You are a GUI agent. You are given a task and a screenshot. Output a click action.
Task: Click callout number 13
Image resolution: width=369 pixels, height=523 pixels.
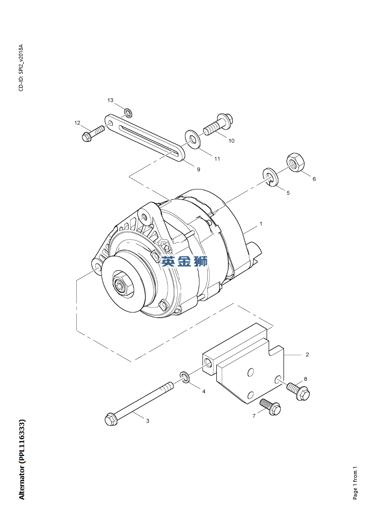click(x=110, y=100)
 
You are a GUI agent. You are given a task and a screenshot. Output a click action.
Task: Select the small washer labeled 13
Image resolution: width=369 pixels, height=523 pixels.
click(x=128, y=113)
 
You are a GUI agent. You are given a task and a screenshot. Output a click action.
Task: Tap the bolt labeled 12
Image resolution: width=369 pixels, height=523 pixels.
click(x=93, y=134)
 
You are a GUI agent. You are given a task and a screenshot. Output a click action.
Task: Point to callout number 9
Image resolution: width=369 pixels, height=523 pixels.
click(x=198, y=169)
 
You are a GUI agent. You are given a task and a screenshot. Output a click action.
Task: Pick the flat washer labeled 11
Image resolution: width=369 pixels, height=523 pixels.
click(x=193, y=139)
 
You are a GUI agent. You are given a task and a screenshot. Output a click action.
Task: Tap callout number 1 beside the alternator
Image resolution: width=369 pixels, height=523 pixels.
click(x=261, y=224)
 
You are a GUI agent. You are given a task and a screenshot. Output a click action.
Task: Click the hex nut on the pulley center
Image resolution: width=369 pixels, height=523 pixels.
click(x=120, y=284)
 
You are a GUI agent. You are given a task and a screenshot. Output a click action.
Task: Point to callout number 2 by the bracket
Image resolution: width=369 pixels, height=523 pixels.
click(x=307, y=354)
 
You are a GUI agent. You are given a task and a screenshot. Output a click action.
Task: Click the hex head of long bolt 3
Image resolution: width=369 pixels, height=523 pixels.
click(x=111, y=418)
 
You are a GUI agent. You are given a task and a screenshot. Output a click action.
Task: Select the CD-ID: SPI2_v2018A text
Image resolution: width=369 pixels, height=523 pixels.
click(x=21, y=68)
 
